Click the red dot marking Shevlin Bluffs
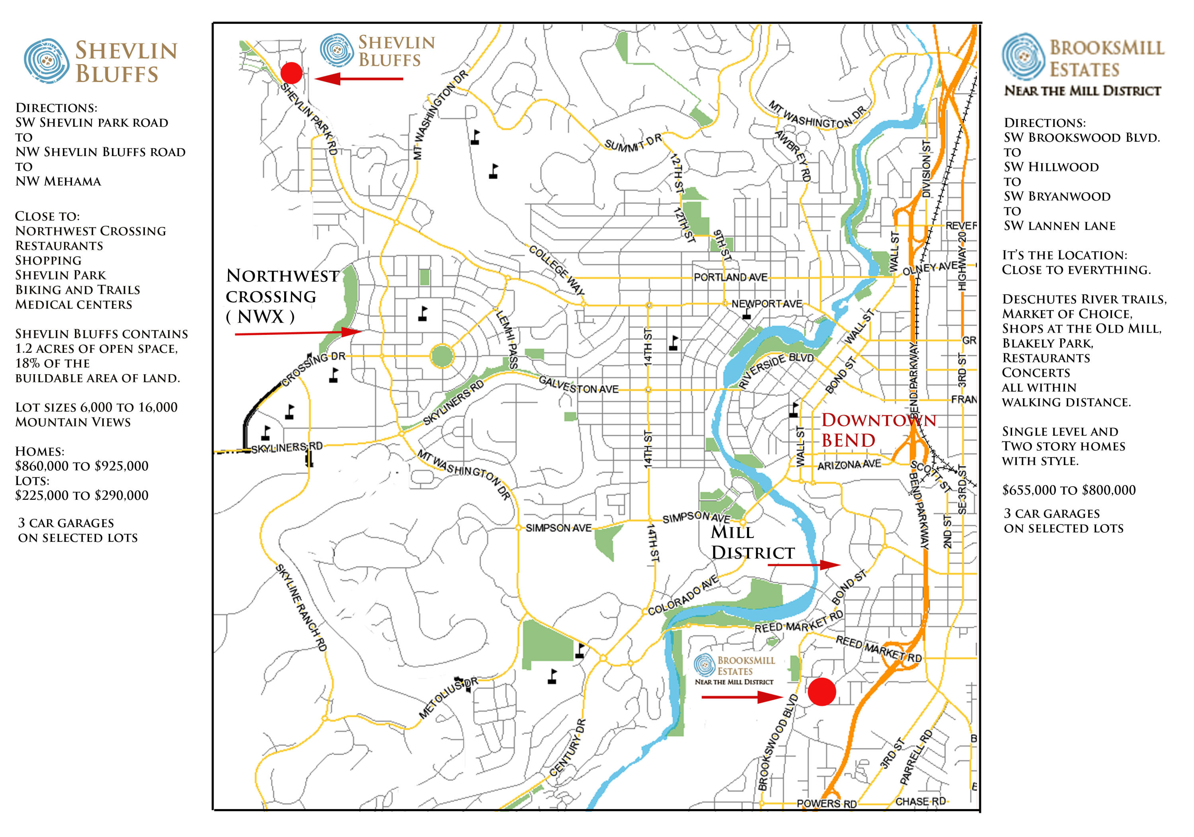291,73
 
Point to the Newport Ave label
767,304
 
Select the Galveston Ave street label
578,385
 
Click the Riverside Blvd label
776,370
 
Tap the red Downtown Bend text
878,430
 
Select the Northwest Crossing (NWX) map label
282,296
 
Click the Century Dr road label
568,747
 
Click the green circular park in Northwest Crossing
442,356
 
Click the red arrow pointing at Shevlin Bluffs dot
359,79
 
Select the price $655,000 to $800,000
1068,490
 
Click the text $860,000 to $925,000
82,466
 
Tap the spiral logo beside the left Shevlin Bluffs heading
46,61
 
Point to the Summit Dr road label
632,143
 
